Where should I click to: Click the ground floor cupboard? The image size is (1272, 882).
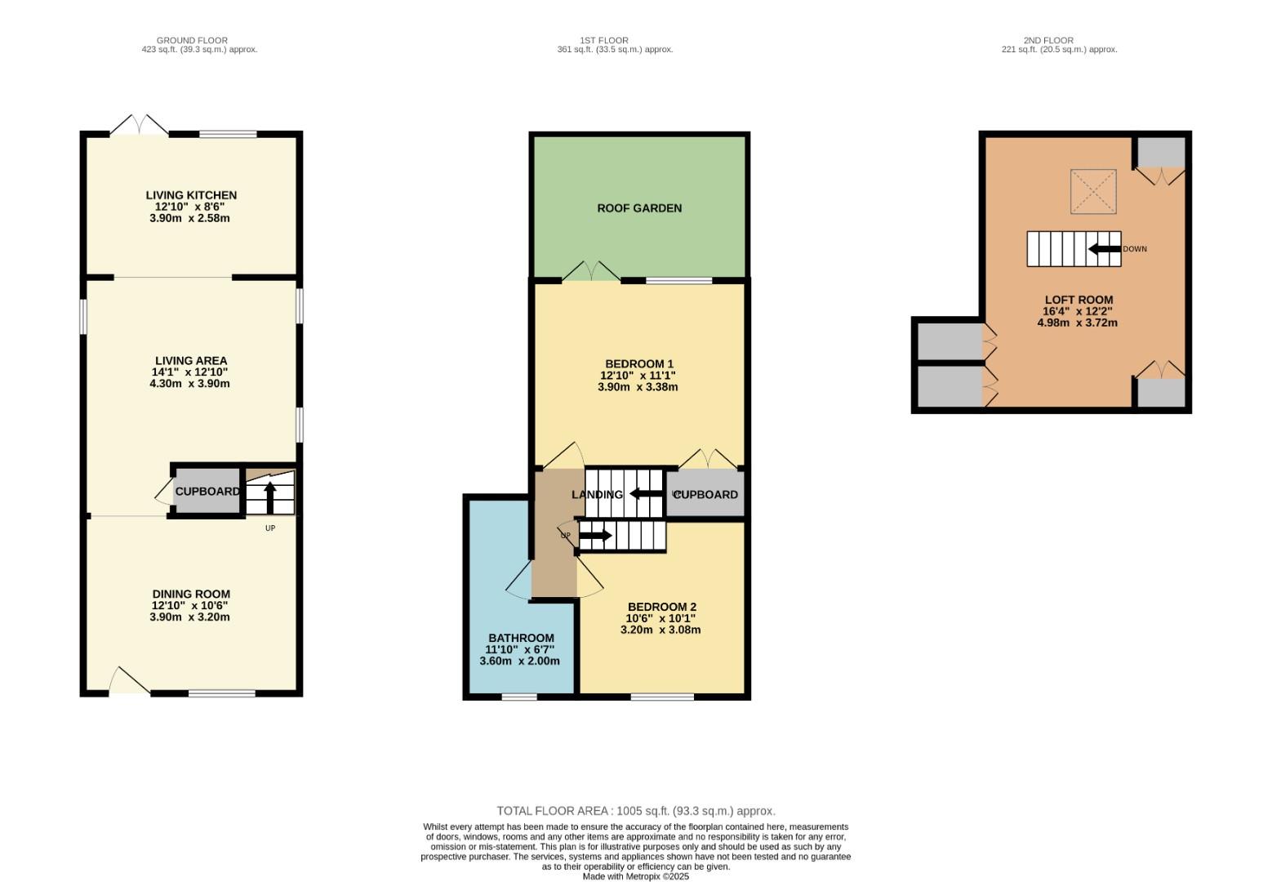[207, 492]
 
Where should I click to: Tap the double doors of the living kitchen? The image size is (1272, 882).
[140, 126]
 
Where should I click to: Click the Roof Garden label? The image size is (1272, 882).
[639, 208]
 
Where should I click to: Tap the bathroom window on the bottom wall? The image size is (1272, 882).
[519, 697]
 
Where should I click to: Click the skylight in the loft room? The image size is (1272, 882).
[1093, 191]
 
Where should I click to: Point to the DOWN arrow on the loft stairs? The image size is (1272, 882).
[1105, 249]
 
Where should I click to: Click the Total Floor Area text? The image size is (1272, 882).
[636, 811]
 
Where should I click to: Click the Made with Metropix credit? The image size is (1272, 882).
[636, 876]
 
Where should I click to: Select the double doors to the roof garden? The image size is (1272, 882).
[591, 271]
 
